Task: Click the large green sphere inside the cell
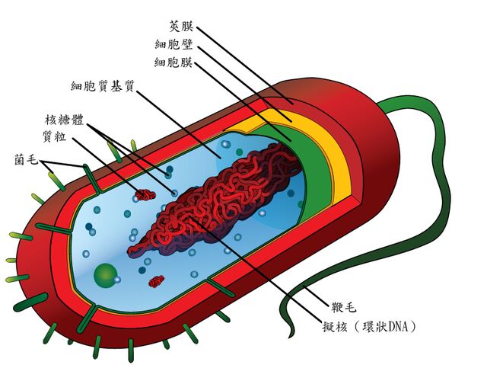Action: click(106, 273)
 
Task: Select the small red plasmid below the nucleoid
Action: click(157, 281)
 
